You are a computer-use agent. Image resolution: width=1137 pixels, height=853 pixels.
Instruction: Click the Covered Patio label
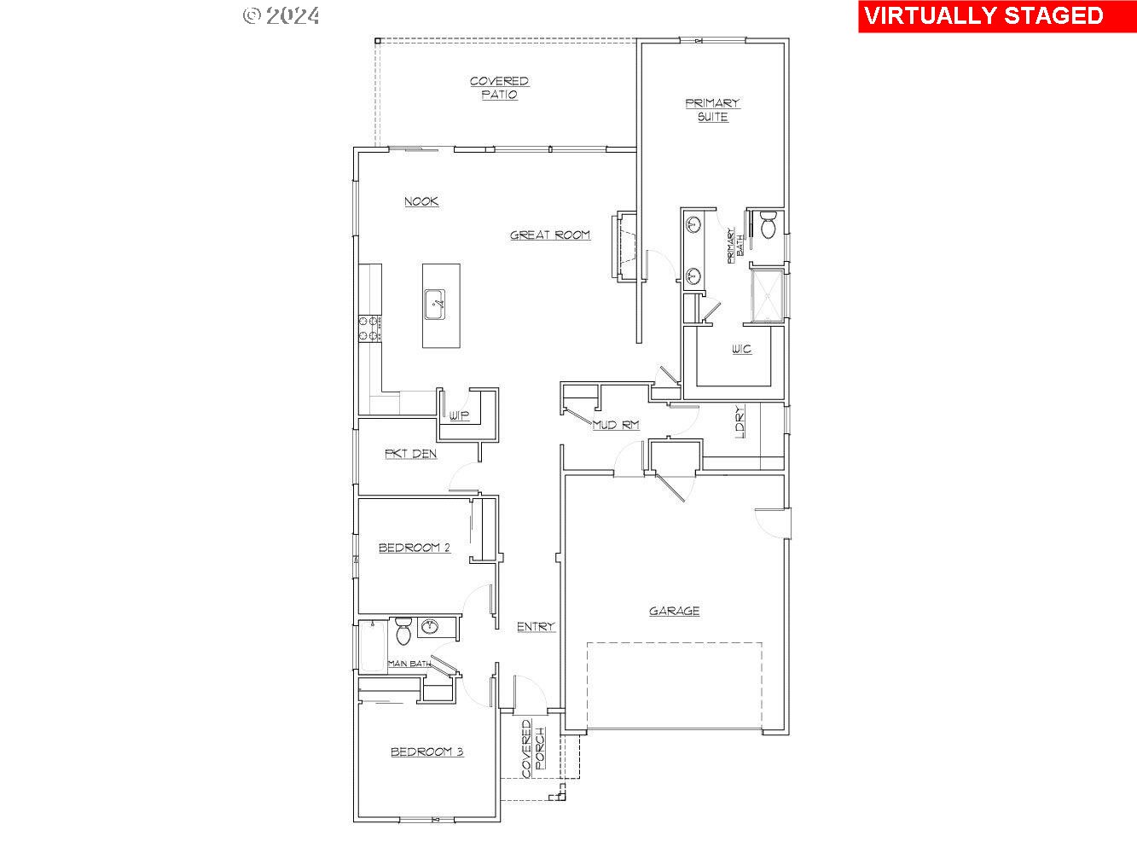click(x=499, y=88)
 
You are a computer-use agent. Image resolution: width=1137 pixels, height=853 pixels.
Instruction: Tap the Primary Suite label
click(x=712, y=110)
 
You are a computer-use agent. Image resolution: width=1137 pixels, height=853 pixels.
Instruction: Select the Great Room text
click(x=550, y=235)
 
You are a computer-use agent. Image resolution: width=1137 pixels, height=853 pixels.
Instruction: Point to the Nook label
click(x=421, y=201)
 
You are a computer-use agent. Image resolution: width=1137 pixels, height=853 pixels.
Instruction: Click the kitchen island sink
click(x=435, y=304)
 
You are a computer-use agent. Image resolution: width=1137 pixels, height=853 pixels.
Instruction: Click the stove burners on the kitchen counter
click(x=370, y=328)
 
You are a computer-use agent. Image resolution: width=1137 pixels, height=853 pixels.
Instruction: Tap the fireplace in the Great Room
click(x=623, y=246)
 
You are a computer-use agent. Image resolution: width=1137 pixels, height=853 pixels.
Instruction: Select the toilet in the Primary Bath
click(x=768, y=226)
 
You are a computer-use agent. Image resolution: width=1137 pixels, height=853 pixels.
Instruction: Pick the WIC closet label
click(x=741, y=349)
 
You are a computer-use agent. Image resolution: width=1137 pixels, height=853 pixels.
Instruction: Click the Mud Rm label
click(x=616, y=425)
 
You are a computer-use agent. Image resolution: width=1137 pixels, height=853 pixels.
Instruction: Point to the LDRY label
click(x=740, y=421)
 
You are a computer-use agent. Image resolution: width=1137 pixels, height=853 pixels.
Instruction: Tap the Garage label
click(x=674, y=611)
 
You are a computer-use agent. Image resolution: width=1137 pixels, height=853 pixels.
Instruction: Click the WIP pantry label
click(x=459, y=415)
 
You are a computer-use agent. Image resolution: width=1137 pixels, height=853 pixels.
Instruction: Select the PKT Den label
click(x=410, y=454)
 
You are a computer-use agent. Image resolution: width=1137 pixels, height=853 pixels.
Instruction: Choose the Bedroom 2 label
click(x=415, y=548)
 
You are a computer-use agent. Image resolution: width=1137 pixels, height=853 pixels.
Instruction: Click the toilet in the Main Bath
click(x=403, y=633)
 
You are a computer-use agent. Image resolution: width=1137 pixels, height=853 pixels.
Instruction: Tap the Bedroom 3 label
click(x=426, y=751)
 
